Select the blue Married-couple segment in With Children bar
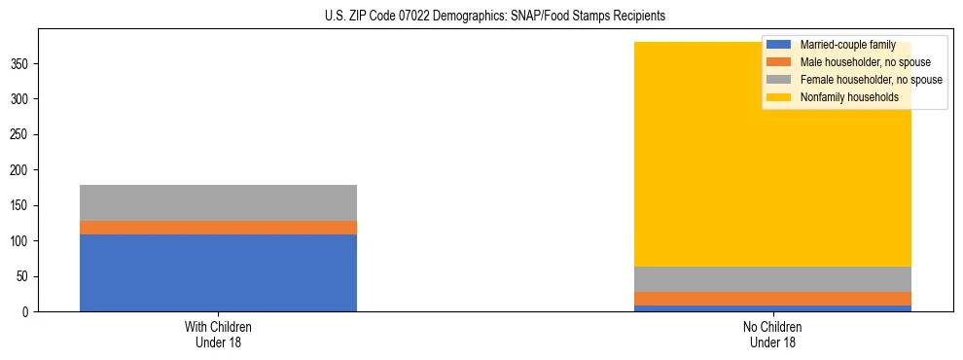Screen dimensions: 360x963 pos(218,272)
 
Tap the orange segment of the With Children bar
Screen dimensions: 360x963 pos(218,228)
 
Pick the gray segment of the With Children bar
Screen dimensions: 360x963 pos(218,202)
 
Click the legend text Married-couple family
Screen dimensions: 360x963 pos(847,45)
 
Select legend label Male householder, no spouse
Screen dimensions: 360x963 pos(858,62)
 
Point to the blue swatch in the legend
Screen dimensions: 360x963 pos(780,45)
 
